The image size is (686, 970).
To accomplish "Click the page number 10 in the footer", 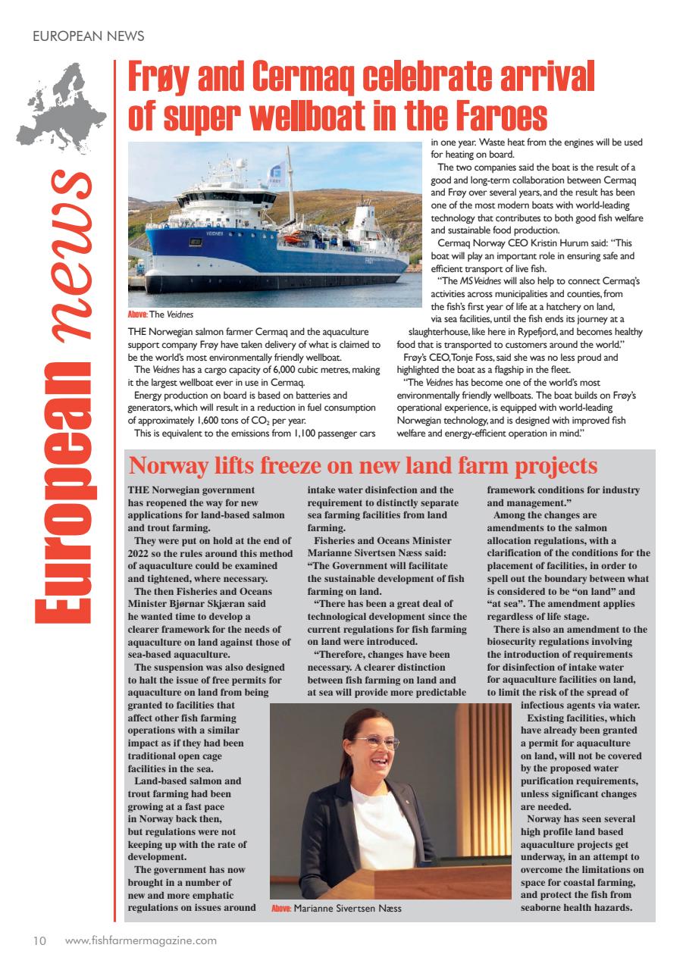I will (39, 941).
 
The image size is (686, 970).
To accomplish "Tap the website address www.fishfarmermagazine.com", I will (141, 941).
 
